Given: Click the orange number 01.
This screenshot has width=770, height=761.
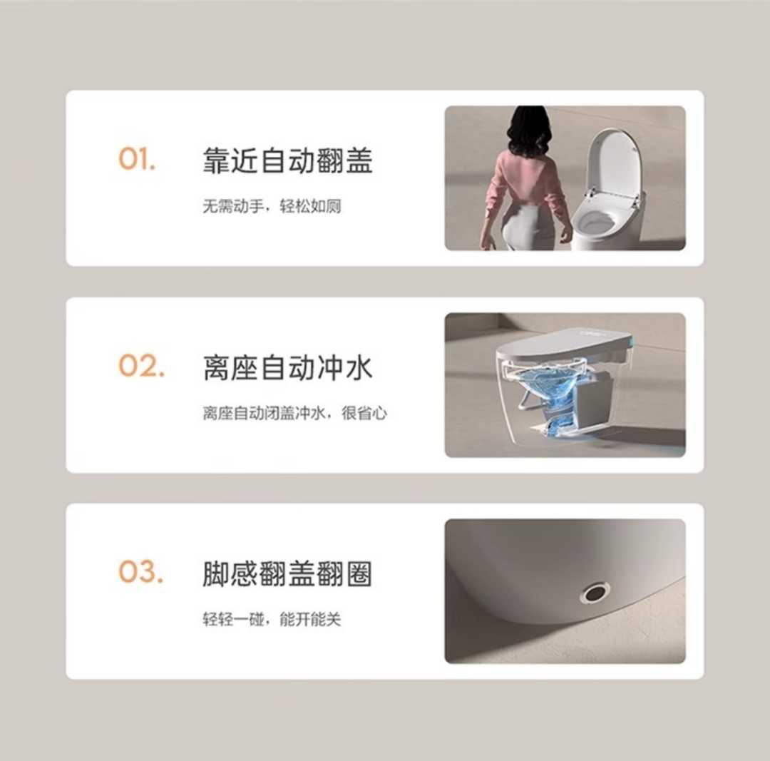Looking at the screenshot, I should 136,160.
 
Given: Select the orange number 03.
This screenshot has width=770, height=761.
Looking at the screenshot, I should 140,572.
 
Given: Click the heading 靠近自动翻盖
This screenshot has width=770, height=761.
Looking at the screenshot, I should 287,161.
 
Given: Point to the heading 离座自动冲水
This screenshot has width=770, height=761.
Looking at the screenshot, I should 287,368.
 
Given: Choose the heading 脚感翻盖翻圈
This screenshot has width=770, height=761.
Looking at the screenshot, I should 287,575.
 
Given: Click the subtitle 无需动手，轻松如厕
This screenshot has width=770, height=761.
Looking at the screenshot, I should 272,207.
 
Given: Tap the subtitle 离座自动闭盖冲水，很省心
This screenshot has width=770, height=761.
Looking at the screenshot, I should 294,414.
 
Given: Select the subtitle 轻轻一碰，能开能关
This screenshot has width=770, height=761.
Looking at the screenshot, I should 272,620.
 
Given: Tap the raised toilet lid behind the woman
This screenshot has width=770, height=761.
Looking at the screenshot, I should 617,161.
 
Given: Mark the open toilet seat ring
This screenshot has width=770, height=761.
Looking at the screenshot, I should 595,220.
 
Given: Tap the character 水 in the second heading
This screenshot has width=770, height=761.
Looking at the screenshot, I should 358,368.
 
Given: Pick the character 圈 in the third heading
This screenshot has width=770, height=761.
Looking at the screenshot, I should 358,575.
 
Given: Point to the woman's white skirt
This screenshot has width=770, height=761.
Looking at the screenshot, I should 528,227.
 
